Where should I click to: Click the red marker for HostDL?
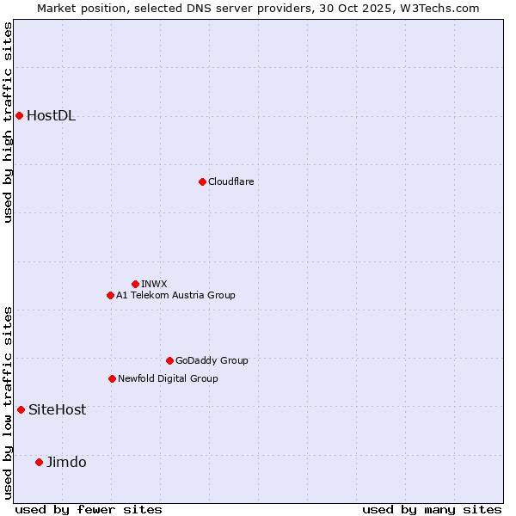pyautogui.click(x=19, y=115)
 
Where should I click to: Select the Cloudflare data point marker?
pyautogui.click(x=202, y=181)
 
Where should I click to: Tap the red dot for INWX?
pyautogui.click(x=135, y=284)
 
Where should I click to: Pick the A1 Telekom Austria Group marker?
pyautogui.click(x=110, y=295)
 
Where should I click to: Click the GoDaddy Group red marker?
pyautogui.click(x=169, y=360)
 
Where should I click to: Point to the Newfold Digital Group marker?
pyautogui.click(x=112, y=378)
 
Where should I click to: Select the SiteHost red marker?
pyautogui.click(x=21, y=409)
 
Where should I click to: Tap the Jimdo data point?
pyautogui.click(x=39, y=462)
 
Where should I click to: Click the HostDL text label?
pyautogui.click(x=52, y=116)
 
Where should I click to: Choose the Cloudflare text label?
pyautogui.click(x=230, y=181)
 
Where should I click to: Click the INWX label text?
pyautogui.click(x=154, y=284)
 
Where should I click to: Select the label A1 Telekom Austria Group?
pyautogui.click(x=175, y=295)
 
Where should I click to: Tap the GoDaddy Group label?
pyautogui.click(x=212, y=360)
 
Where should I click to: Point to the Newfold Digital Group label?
pyautogui.click(x=168, y=378)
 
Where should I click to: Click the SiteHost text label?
pyautogui.click(x=57, y=410)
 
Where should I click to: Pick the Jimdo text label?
pyautogui.click(x=66, y=463)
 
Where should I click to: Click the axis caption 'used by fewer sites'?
pyautogui.click(x=89, y=509)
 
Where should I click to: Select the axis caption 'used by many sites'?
pyautogui.click(x=432, y=509)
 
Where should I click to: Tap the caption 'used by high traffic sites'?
pyautogui.click(x=8, y=122)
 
